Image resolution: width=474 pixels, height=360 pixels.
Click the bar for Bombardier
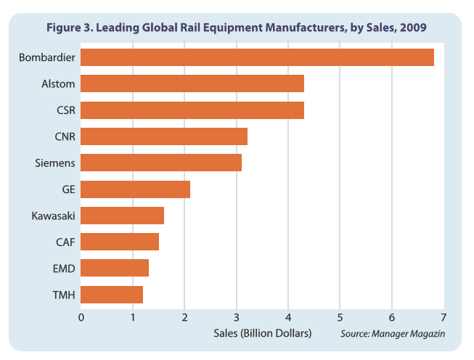click(257, 57)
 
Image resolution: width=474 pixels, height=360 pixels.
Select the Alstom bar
click(192, 83)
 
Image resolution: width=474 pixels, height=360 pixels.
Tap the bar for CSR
click(192, 110)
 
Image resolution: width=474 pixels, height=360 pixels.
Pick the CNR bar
click(164, 136)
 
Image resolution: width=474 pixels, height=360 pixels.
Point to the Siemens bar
click(161, 163)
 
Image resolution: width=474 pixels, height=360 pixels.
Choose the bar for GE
click(135, 189)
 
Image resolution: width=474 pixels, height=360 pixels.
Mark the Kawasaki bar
click(122, 216)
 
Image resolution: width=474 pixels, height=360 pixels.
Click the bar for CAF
click(120, 242)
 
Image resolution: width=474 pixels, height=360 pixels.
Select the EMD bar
click(115, 268)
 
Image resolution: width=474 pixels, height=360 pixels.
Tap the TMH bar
click(112, 294)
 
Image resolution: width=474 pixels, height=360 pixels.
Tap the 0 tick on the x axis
click(81, 316)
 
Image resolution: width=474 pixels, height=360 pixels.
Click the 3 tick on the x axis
click(237, 316)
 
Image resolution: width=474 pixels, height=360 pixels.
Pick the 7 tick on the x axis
click(443, 316)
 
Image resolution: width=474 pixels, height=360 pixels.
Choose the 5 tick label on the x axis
click(340, 316)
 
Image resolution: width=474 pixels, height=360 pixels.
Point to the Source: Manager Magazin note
click(391, 334)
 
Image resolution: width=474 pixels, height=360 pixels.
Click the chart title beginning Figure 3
click(237, 27)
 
